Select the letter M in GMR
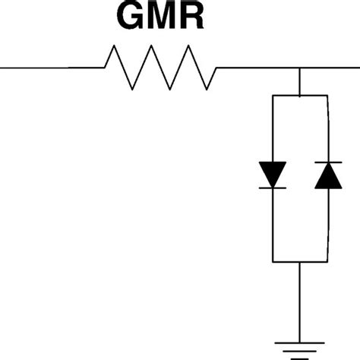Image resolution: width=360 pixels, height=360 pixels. pos(161,17)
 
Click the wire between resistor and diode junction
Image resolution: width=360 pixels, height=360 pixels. pos(258,68)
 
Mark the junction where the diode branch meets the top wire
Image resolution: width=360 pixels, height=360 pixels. pos(300,68)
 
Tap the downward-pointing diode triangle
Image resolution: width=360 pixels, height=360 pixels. pos(273,174)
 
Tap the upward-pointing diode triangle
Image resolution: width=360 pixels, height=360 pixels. pos(327,175)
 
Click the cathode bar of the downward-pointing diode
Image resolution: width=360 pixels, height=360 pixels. pos(273,187)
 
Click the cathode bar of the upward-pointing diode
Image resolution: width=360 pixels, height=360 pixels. pos(327,163)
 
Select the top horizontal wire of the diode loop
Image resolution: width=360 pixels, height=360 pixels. pos(300,96)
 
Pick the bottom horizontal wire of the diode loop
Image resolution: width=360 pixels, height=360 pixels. pos(300,262)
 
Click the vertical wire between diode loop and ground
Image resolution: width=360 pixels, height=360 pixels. pos(300,300)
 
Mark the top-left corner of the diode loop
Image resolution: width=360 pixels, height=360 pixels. pos(273,96)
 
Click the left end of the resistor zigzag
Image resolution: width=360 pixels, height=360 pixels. pos(106,68)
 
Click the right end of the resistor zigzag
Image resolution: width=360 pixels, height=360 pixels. pos(217,68)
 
